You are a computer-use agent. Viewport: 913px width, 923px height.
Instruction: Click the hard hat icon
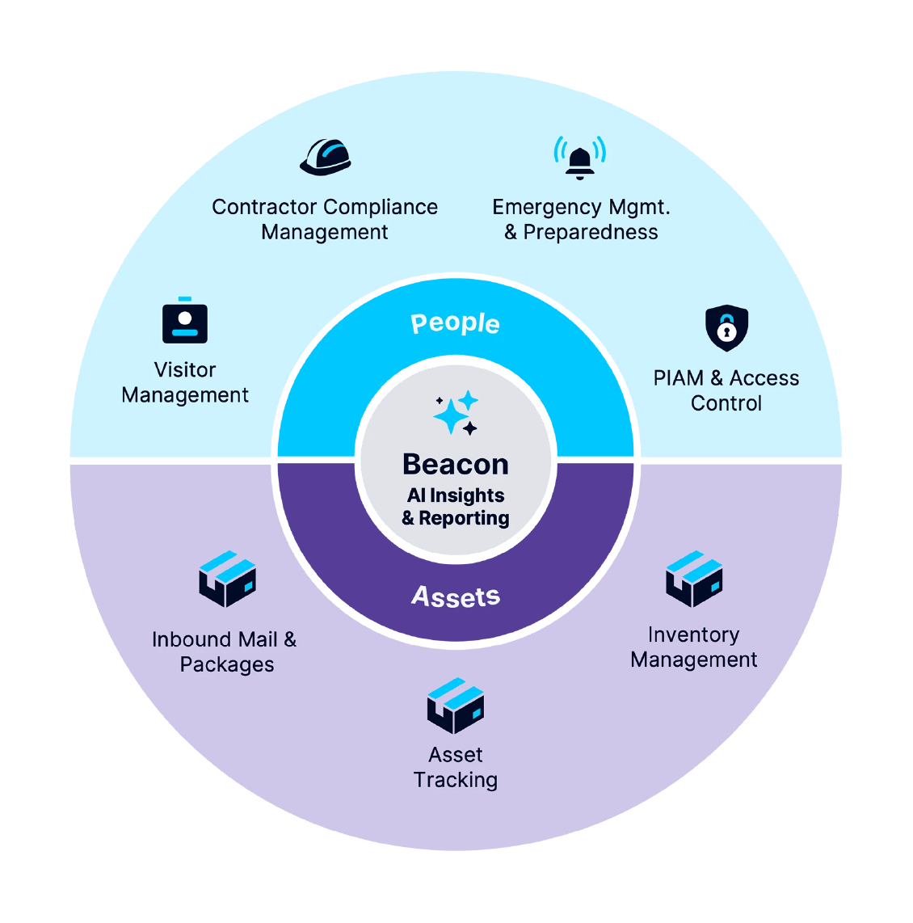click(x=326, y=157)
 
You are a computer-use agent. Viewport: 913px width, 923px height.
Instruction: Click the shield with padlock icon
click(x=726, y=327)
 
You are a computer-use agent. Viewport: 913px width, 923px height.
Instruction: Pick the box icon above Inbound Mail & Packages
click(x=227, y=579)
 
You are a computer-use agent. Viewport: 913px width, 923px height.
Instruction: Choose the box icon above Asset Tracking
click(x=456, y=706)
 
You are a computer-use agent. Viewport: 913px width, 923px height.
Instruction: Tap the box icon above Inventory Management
click(x=694, y=579)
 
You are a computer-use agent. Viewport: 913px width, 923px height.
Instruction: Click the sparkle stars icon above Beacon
click(x=456, y=413)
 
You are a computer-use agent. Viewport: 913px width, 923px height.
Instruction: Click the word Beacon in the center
click(x=456, y=464)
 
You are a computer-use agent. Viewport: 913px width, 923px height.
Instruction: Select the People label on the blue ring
click(x=456, y=322)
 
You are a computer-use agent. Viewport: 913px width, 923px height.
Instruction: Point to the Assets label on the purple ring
click(x=456, y=596)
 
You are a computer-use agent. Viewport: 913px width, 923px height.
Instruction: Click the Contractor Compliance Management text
click(x=325, y=219)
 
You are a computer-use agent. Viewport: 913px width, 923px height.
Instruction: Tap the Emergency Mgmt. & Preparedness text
click(x=581, y=219)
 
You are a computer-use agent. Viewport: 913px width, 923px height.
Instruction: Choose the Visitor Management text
click(x=185, y=382)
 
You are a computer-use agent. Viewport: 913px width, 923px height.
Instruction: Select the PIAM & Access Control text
click(x=726, y=390)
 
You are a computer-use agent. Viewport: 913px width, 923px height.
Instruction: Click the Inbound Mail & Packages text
click(x=225, y=651)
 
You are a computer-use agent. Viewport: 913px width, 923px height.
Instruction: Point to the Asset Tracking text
click(x=456, y=767)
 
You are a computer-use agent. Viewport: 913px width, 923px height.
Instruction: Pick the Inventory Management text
click(x=693, y=647)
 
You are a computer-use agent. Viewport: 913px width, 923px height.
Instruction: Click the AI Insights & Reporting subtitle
click(x=456, y=507)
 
